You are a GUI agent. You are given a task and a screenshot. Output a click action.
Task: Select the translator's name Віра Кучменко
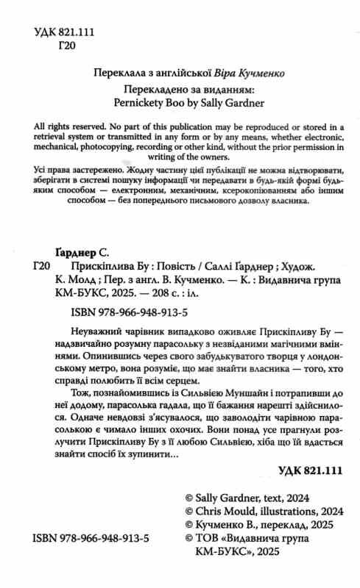coord(247,73)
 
